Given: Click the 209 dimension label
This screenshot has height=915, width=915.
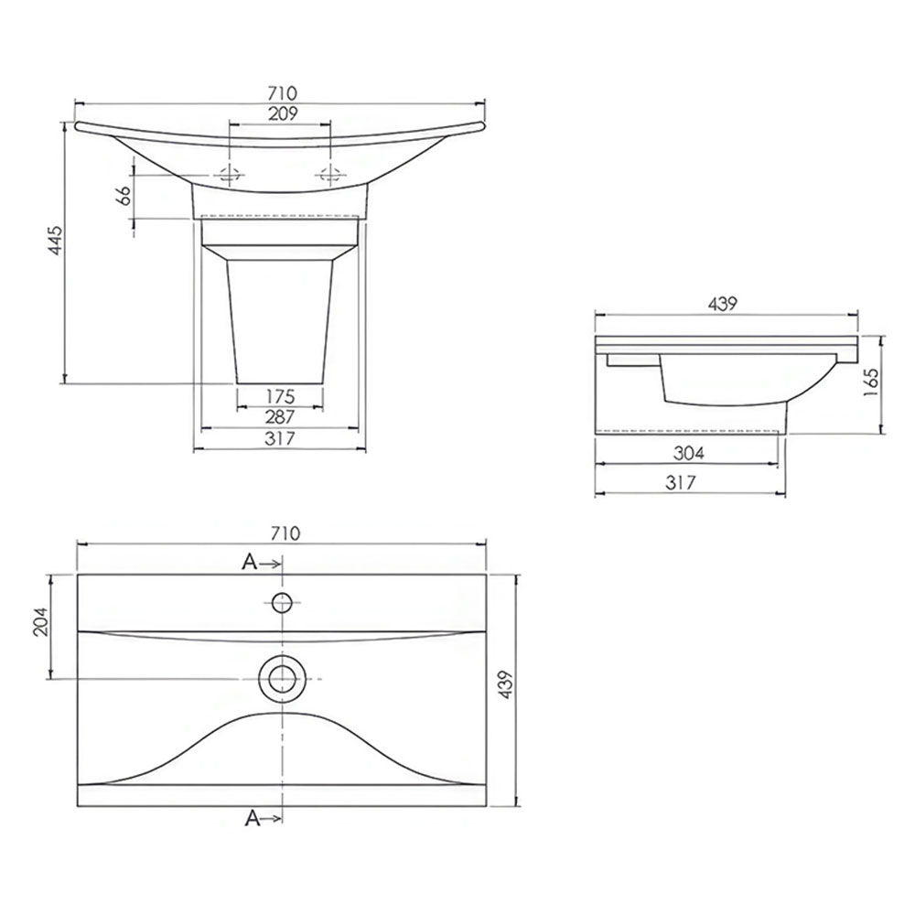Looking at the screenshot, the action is (x=283, y=113).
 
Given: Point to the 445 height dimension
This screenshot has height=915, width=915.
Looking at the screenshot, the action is (x=55, y=240).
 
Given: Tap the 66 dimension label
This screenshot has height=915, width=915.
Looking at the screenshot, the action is (x=124, y=196).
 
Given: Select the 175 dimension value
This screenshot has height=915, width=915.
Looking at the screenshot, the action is (x=280, y=396).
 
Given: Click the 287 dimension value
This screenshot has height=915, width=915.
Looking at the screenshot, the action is (x=280, y=417).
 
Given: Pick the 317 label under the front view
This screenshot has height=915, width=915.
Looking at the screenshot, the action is (x=280, y=438).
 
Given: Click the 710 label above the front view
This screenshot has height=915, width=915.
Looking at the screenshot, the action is (x=283, y=92).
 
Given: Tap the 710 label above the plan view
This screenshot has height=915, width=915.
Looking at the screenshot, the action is (x=285, y=533).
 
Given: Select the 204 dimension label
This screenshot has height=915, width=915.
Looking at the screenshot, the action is (x=41, y=622).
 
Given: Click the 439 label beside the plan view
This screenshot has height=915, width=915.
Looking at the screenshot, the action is (x=506, y=685).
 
